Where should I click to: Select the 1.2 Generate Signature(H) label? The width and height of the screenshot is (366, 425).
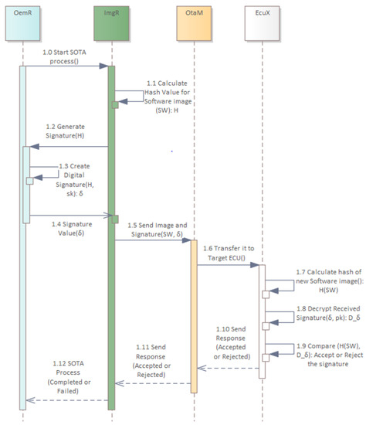(66, 132)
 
